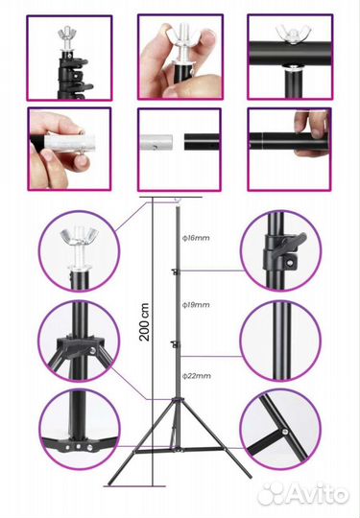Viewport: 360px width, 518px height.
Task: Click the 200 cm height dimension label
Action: [144, 321]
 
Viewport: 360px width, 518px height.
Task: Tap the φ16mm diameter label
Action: [197, 238]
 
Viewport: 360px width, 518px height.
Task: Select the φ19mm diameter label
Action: [197, 305]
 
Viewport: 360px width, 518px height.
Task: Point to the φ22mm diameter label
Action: [197, 376]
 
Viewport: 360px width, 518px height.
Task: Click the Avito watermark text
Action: [304, 493]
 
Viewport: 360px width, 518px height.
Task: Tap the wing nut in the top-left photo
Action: [67, 34]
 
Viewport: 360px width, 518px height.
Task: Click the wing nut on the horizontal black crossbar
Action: [291, 32]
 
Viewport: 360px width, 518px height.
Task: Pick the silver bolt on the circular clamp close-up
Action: [291, 262]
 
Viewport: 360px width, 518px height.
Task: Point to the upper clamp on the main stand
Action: [175, 271]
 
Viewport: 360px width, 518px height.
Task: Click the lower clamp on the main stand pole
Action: [175, 344]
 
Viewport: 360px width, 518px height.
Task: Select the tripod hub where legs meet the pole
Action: [177, 400]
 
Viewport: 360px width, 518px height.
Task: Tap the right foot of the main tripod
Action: [249, 476]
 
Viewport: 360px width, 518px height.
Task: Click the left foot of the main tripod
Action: [110, 483]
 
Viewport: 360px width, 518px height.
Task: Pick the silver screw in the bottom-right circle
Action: [284, 431]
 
